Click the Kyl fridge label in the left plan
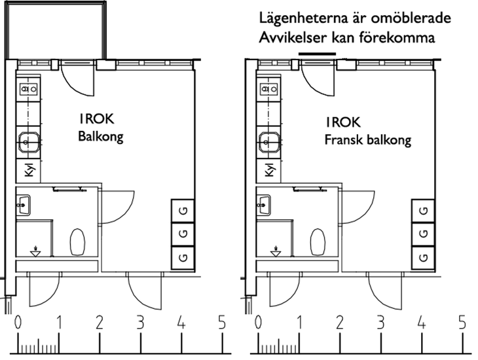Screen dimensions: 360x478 (x=29, y=170)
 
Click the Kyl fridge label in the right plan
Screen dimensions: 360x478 (x=269, y=170)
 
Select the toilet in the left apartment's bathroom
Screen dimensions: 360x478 (x=77, y=242)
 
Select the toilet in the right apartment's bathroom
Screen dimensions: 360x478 (x=318, y=242)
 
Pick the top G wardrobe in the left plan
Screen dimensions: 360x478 (x=183, y=210)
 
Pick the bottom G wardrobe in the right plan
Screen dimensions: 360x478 (x=424, y=257)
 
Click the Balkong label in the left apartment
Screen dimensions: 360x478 (x=100, y=137)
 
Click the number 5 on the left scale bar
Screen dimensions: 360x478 (x=222, y=322)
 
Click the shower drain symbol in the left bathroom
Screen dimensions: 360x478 (x=36, y=250)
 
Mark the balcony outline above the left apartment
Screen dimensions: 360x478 (x=55, y=29)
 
